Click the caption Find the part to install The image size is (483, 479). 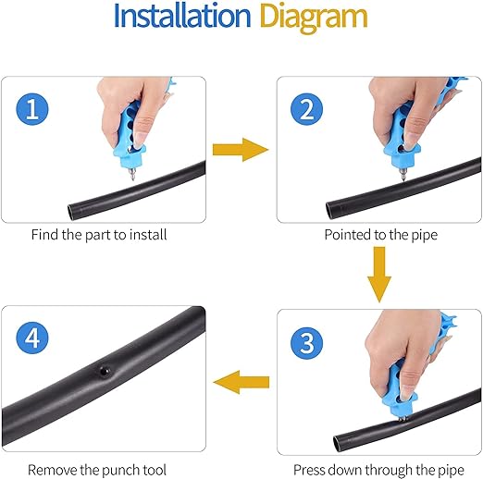pos(99,235)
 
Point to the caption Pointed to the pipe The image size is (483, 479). pos(379,235)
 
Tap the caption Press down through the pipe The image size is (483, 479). pos(379,470)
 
